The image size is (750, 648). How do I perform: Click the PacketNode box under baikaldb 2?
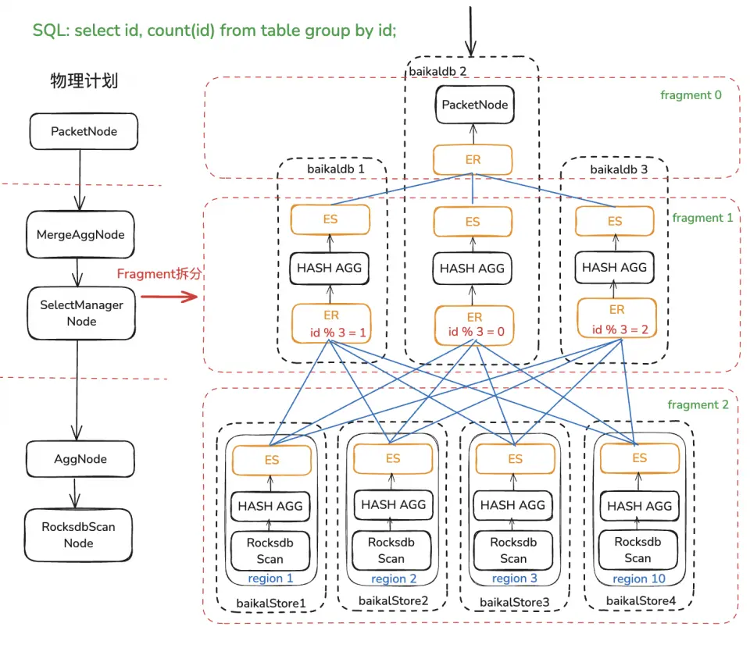[474, 105]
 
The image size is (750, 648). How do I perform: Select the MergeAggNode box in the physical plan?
[80, 234]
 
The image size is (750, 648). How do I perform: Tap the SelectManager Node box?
[81, 313]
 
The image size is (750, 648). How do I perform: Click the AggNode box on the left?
[80, 459]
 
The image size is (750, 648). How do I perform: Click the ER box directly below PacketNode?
[473, 160]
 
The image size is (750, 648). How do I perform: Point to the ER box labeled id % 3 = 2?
[616, 319]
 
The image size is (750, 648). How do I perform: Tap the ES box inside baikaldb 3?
[615, 221]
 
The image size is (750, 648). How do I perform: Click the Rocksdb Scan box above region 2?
[391, 550]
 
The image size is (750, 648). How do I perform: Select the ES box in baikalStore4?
[639, 458]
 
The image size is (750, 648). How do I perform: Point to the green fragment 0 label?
[691, 95]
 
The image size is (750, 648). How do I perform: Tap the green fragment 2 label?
[698, 404]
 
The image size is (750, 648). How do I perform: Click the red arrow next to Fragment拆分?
[169, 297]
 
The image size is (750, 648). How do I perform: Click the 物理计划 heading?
[84, 80]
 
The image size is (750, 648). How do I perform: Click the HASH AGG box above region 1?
[270, 506]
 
